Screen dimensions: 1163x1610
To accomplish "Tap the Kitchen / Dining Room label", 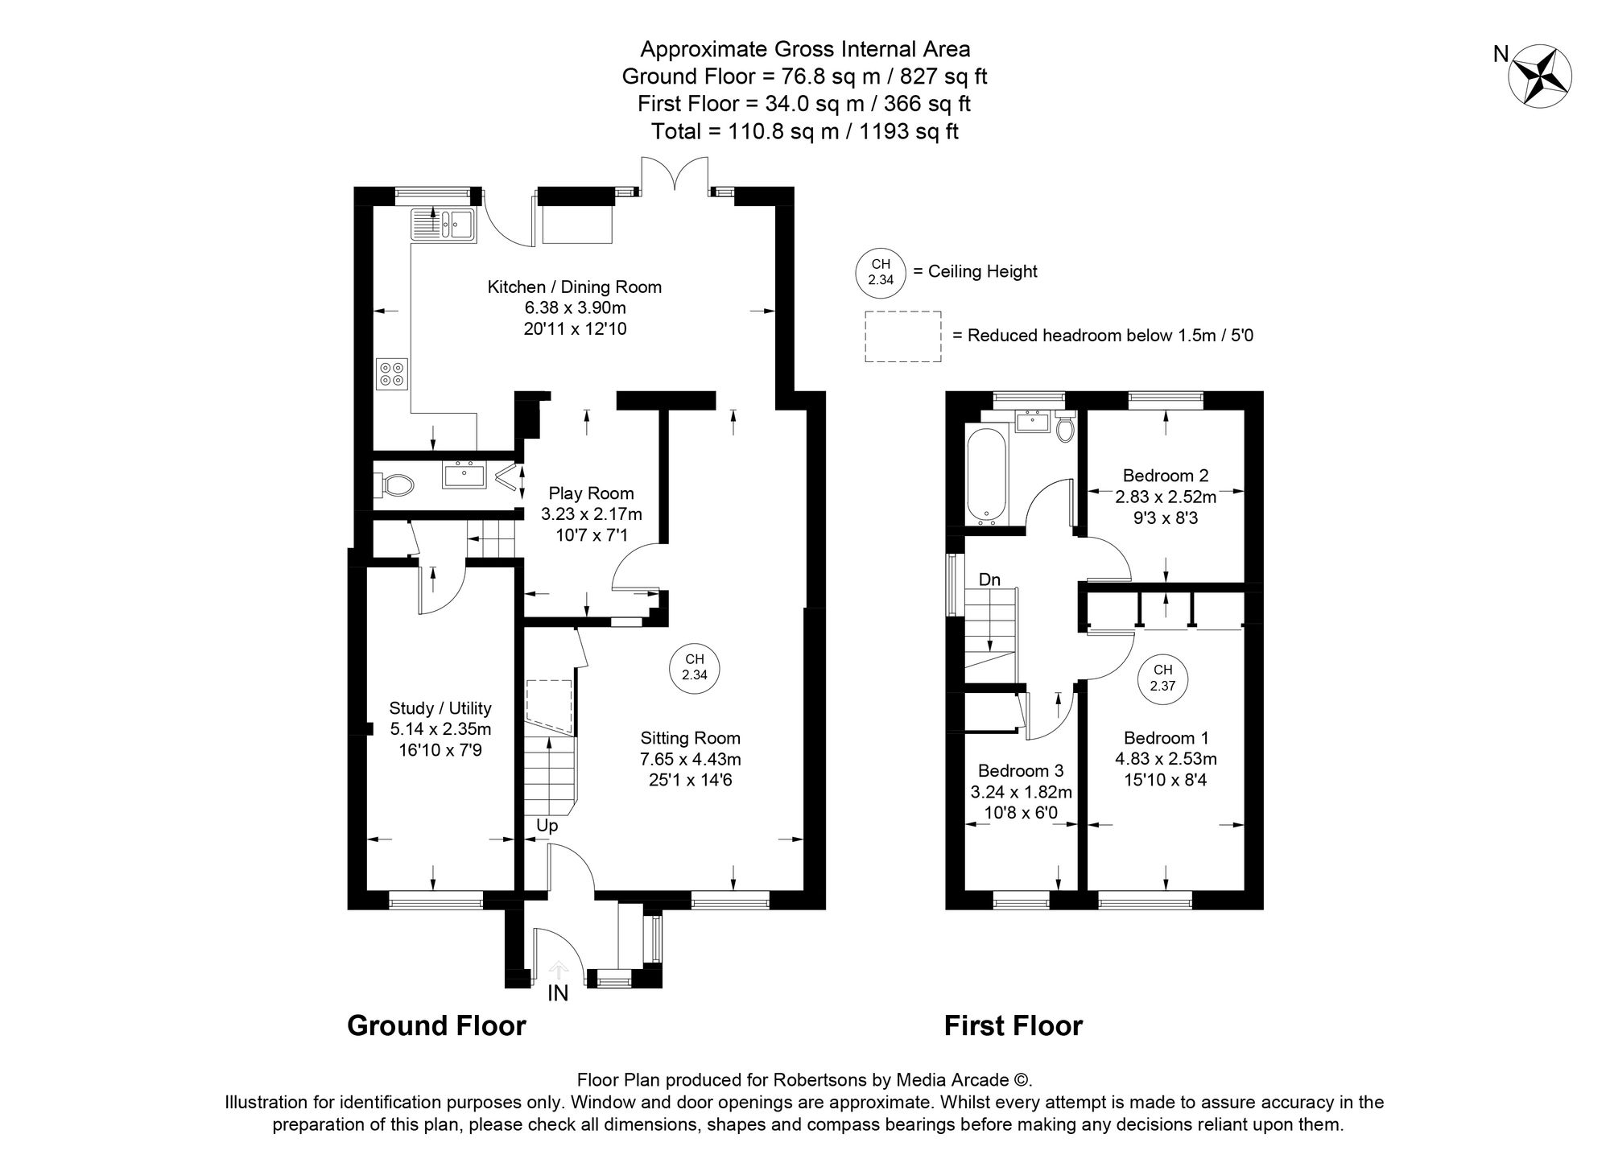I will point(574,287).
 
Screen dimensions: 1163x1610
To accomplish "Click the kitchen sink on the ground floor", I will point(444,225).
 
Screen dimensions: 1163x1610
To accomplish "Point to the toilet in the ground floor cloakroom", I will point(394,485).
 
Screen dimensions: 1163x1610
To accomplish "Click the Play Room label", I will point(591,493).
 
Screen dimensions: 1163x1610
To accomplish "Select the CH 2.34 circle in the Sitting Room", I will point(694,667).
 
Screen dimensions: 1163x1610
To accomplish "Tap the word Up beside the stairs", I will point(547,826).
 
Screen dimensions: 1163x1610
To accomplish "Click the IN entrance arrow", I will point(558,971).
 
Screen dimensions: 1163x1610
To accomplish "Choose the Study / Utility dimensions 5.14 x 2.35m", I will point(440,729).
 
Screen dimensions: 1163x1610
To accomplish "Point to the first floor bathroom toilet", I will point(1065,428).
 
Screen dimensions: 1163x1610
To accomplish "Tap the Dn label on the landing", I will point(989,579).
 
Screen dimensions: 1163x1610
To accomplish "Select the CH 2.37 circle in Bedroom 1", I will point(1162,678).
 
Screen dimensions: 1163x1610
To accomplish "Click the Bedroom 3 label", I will point(1020,770).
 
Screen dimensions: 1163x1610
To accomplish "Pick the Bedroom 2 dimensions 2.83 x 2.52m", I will point(1165,497).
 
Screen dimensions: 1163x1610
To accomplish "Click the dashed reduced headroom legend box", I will point(903,336).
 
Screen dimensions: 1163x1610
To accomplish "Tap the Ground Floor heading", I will point(436,1026).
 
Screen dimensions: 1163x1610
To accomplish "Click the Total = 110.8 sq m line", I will point(804,131).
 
